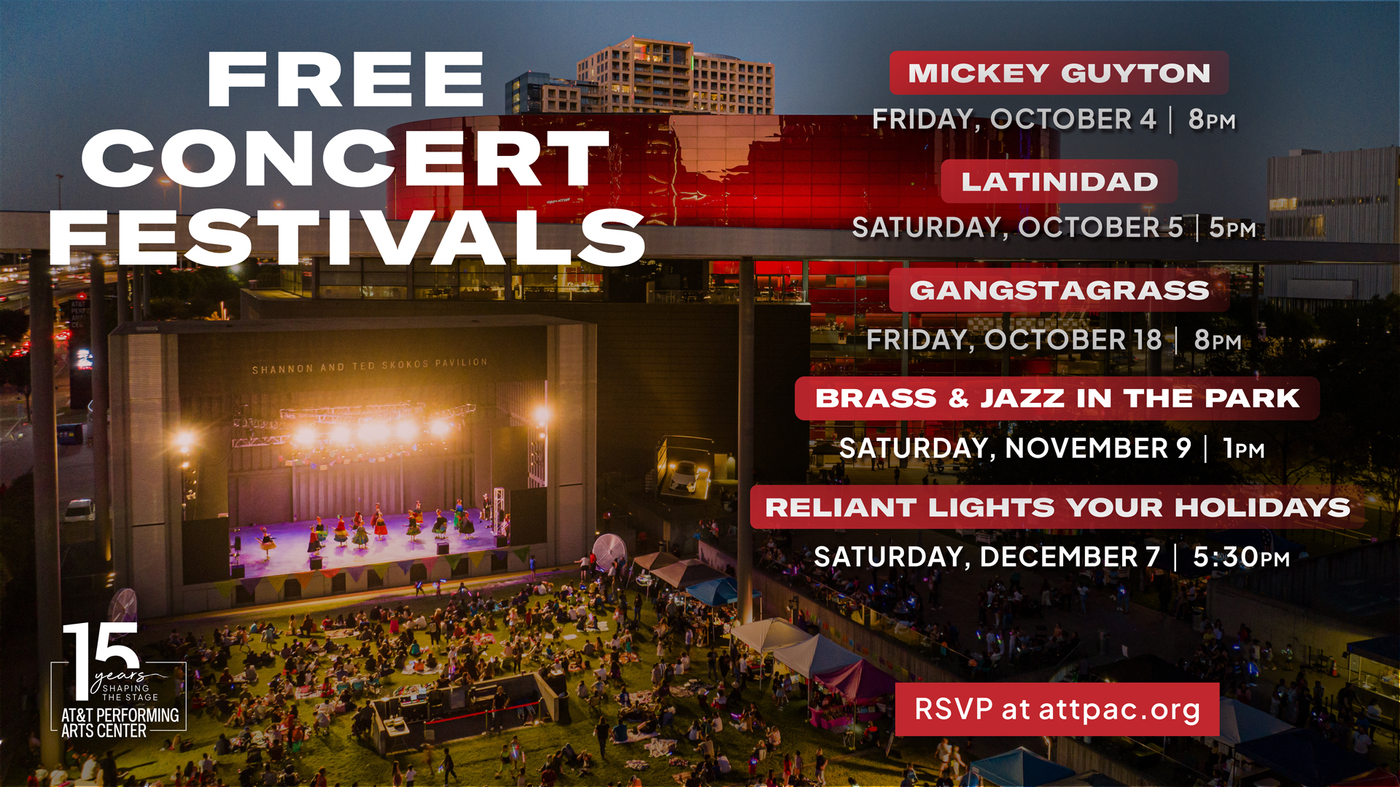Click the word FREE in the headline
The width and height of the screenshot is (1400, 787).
346,79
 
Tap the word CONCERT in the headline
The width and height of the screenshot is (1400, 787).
346,159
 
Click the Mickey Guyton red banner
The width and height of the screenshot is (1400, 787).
1059,73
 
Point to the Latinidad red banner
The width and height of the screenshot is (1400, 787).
1059,181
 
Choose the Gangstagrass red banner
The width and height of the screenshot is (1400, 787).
1059,290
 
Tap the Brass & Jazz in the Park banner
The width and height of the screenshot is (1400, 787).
1057,399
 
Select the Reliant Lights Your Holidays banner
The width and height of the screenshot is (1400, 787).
1058,507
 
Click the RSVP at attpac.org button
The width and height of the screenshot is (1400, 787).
1057,709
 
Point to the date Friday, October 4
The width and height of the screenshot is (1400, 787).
1014,120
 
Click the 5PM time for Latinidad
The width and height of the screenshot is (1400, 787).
1232,228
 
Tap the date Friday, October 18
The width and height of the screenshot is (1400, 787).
1014,340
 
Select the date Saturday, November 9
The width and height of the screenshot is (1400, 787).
1015,449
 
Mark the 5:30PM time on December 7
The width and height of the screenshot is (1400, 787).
1241,557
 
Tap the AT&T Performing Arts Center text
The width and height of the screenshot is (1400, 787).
120,723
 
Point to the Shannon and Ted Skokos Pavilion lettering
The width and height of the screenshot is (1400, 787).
370,365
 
